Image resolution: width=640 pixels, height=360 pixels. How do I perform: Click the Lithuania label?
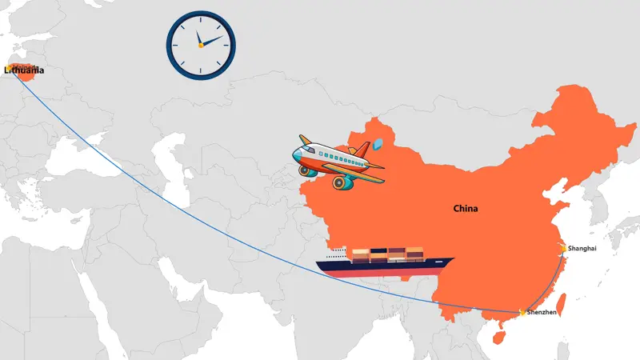tap(23, 71)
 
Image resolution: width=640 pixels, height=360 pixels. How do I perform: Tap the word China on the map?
tap(465, 209)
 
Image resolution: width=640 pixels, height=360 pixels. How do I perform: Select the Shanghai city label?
tap(582, 249)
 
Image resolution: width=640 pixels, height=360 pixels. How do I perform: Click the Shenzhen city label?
tap(542, 312)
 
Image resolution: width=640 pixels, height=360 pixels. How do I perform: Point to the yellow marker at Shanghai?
tap(563, 249)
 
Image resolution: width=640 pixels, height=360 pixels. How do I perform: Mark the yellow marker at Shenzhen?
tap(522, 312)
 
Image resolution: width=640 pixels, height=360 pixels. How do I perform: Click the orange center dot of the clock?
tap(200, 45)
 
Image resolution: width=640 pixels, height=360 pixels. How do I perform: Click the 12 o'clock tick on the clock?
tap(201, 17)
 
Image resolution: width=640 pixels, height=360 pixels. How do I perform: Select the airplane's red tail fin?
tap(362, 150)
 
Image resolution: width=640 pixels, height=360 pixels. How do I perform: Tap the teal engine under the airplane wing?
tap(343, 182)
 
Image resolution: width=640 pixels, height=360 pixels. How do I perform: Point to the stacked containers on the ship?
tap(387, 254)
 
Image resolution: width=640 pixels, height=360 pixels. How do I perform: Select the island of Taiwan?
tap(559, 303)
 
